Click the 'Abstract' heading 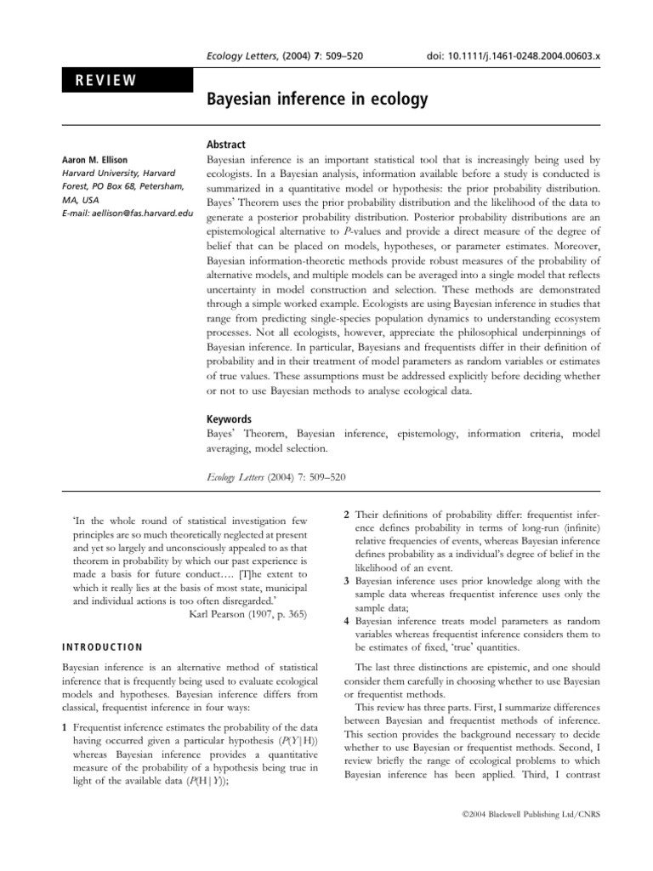pyautogui.click(x=227, y=145)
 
